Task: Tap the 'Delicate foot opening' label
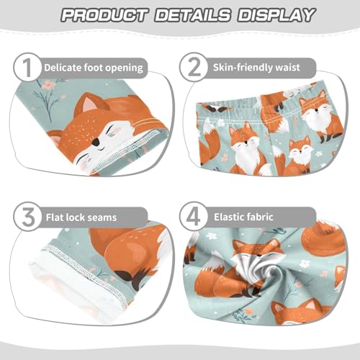click(94, 68)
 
